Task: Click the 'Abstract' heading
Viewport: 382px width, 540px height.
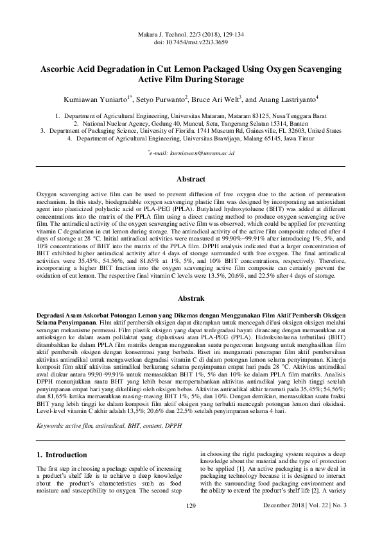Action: coord(191,161)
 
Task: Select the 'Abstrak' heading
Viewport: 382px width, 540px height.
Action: coord(191,298)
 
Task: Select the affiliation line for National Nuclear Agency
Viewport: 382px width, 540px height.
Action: coord(191,122)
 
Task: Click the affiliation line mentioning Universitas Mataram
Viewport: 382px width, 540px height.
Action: coord(191,115)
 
